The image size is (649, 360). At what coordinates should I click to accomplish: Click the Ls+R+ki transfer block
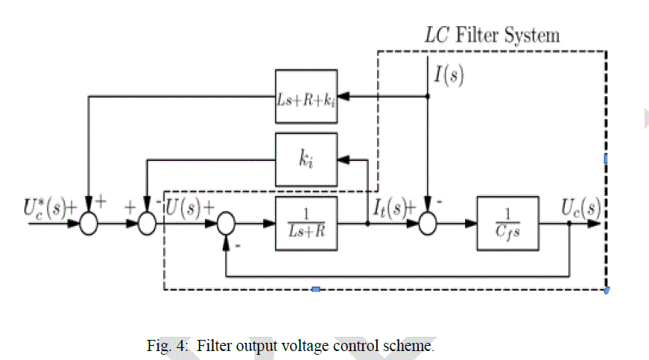(x=306, y=96)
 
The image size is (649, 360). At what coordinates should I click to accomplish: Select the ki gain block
(x=306, y=160)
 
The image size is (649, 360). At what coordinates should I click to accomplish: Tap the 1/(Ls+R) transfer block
(x=306, y=222)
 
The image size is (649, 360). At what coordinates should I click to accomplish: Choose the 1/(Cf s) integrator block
(x=509, y=222)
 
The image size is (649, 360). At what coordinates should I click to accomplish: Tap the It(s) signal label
(x=392, y=207)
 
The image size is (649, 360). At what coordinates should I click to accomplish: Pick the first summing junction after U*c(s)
(x=89, y=223)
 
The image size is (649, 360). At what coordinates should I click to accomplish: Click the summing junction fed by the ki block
(x=147, y=223)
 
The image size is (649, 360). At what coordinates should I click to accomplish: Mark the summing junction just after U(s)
(x=226, y=223)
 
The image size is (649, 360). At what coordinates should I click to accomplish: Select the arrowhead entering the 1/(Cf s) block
(x=474, y=222)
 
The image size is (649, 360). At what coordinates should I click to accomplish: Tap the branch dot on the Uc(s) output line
(x=569, y=222)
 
